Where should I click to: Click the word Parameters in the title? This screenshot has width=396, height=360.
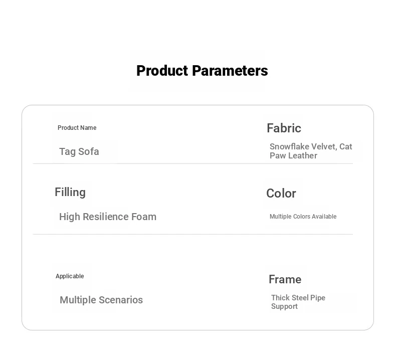click(x=230, y=71)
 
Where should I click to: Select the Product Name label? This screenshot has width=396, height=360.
click(x=77, y=127)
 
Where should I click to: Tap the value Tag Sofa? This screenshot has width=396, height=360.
click(x=79, y=151)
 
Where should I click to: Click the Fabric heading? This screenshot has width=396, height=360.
click(x=284, y=128)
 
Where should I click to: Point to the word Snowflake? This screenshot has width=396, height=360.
click(x=289, y=146)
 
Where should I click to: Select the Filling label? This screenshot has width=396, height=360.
click(x=70, y=192)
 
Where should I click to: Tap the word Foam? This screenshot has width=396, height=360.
click(x=144, y=217)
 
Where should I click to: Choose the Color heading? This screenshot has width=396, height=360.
click(x=281, y=193)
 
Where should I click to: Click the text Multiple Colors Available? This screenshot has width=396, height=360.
click(x=303, y=217)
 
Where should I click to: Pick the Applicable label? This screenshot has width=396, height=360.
click(x=70, y=276)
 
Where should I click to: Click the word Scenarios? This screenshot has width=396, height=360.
click(x=121, y=300)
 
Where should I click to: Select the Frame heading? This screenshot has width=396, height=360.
click(x=285, y=279)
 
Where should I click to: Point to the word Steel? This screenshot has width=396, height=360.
click(x=300, y=298)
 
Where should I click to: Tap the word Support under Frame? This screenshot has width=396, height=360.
click(x=284, y=306)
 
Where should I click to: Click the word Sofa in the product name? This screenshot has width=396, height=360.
click(x=88, y=151)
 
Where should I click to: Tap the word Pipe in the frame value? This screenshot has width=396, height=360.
click(x=318, y=298)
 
